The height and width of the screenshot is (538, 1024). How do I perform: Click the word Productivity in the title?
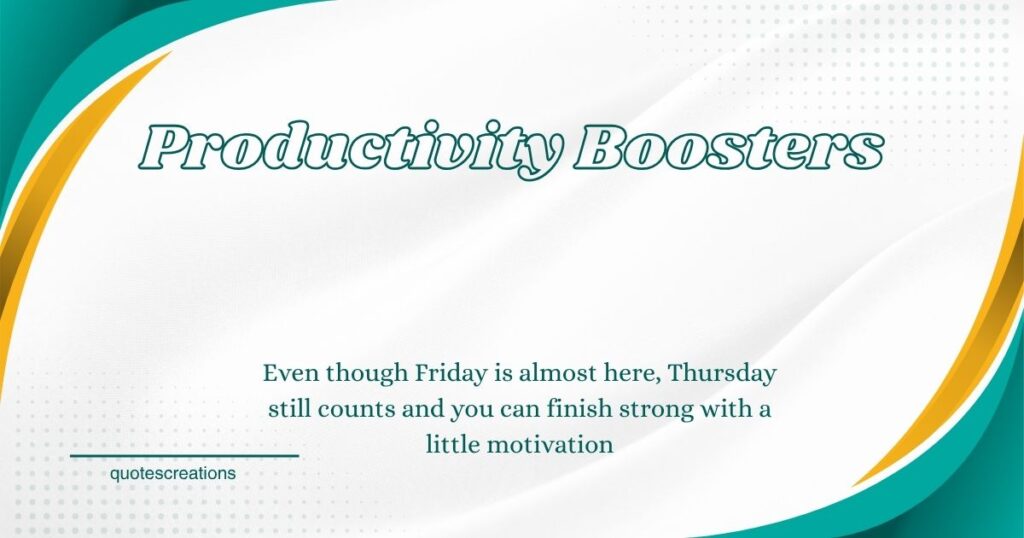click(x=350, y=149)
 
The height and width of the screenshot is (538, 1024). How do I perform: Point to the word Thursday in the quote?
click(x=723, y=374)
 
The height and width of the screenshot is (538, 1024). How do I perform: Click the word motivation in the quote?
click(x=550, y=445)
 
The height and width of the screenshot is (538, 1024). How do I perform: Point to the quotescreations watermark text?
click(x=173, y=473)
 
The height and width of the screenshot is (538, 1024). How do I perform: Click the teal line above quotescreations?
click(x=184, y=456)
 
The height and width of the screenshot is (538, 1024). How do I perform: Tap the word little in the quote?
click(x=453, y=445)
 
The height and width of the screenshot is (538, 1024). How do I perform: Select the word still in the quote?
click(x=290, y=409)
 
